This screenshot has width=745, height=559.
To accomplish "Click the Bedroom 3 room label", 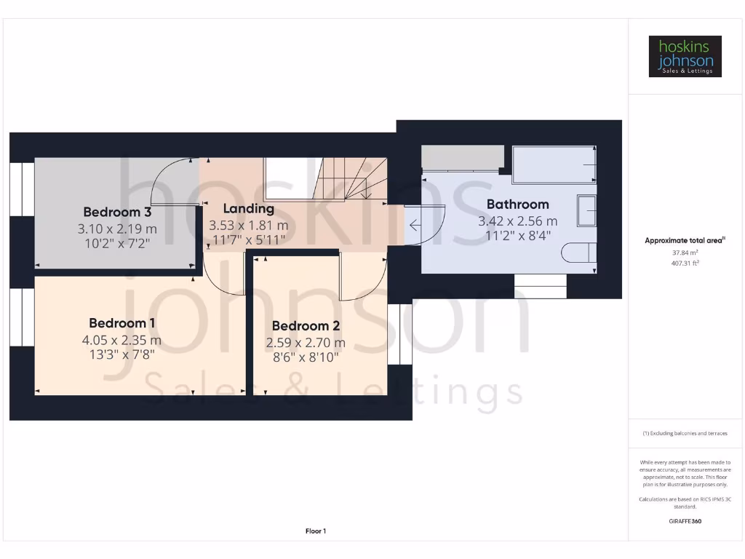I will pos(117,213).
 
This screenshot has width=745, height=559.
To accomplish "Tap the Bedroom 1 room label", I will pos(122,323).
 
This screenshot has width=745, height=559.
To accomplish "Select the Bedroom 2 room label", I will pos(306,327).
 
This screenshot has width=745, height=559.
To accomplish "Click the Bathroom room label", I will pos(517,205).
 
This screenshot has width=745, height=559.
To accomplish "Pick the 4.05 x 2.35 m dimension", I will pos(122,340).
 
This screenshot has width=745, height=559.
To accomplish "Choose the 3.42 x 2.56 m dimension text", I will pos(517,221).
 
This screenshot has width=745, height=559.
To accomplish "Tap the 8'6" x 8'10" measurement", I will pos(306,357).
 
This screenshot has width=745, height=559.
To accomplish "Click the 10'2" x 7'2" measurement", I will pos(117,244).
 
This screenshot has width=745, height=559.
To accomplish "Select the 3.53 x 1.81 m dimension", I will pos(249,226).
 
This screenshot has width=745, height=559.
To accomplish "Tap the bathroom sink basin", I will pos(586,210).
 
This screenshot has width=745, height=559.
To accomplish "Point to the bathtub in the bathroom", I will pos(554,164).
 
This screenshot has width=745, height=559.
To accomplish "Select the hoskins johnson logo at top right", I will pos(685,57).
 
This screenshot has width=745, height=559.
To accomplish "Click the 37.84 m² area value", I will pos(685,253).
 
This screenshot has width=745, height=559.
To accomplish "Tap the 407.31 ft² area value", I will pos(685,263).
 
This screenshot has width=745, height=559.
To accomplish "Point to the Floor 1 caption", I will pos(316,531).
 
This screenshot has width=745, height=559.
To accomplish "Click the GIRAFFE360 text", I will pos(685,521).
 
